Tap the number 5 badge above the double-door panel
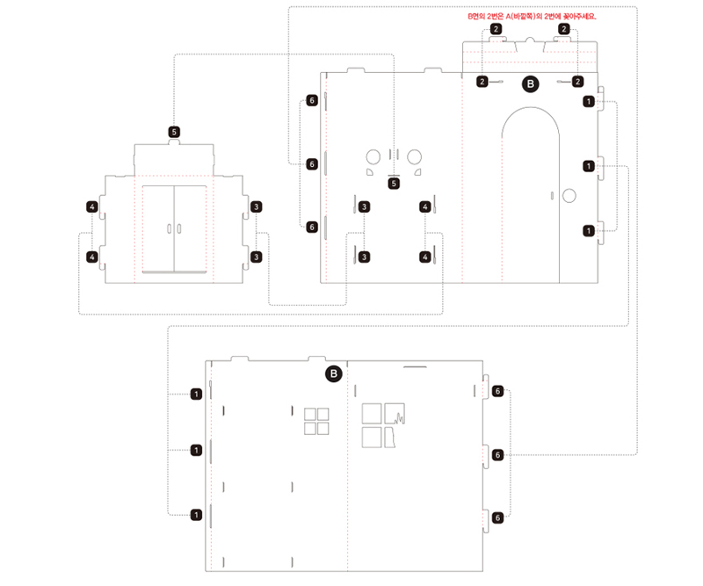point(174,132)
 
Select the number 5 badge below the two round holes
point(394,184)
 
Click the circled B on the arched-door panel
point(530,83)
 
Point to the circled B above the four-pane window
point(333,374)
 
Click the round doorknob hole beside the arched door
point(569,195)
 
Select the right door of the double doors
point(191,228)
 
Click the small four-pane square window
point(316,421)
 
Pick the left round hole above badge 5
point(373,156)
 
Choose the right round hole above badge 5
point(414,156)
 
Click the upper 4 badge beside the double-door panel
point(92,206)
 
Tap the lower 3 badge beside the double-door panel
point(256,257)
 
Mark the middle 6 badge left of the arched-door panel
point(311,164)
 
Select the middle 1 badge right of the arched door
point(587,165)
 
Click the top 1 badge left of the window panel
point(196,394)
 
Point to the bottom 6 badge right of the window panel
point(498,517)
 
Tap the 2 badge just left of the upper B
point(482,82)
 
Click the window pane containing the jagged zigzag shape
point(396,413)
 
